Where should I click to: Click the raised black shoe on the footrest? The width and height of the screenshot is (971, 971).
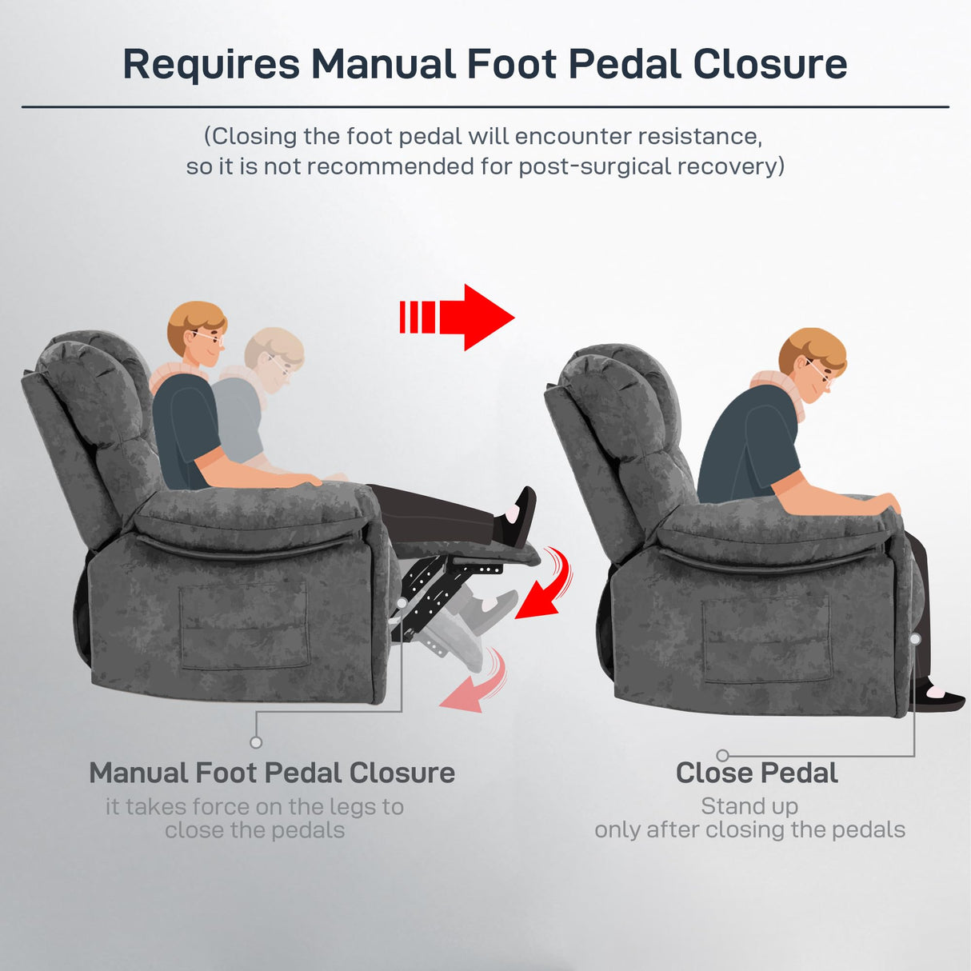tap(518, 517)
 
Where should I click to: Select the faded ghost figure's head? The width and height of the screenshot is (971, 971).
tap(274, 358)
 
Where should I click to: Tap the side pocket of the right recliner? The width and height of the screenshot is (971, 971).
tap(765, 640)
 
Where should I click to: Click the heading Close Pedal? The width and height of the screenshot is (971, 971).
tap(757, 773)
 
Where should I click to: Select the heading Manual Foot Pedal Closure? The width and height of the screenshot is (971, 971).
tap(272, 773)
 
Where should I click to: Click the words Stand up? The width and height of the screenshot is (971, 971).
tap(749, 806)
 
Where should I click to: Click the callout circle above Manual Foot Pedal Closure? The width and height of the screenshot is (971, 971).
tap(256, 742)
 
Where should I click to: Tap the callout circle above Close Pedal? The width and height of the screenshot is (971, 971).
tap(722, 755)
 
